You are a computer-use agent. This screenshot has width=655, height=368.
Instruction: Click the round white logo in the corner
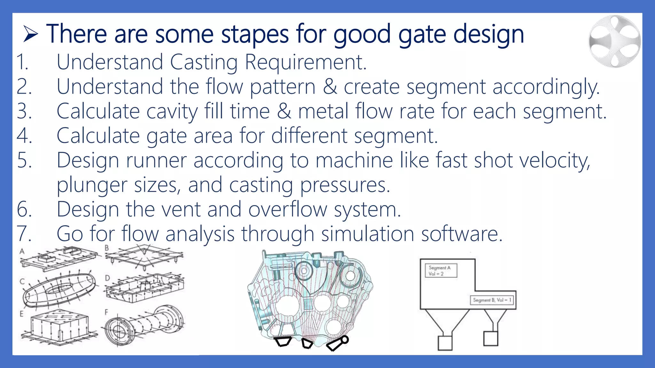[x=615, y=41]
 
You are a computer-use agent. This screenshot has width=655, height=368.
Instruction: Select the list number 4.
[x=24, y=136]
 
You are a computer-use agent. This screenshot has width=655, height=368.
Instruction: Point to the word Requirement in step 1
[x=305, y=62]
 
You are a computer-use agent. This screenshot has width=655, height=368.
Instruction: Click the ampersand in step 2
[x=330, y=87]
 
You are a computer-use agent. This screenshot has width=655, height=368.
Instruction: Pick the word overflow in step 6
[x=288, y=210]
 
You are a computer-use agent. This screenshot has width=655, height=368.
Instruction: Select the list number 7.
[x=24, y=234]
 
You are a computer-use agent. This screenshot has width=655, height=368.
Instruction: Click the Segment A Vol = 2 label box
[x=441, y=271]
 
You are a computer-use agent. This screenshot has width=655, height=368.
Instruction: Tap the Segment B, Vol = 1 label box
[x=492, y=300]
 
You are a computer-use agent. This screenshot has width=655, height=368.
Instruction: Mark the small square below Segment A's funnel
[x=445, y=342]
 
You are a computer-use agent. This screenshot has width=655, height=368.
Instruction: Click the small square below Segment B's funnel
[x=491, y=339]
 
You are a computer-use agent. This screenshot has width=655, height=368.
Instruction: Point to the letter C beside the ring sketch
[x=22, y=281]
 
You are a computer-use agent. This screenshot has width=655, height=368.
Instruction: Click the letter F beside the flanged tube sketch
[x=107, y=312]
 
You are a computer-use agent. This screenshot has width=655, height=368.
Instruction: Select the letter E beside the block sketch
[x=22, y=314]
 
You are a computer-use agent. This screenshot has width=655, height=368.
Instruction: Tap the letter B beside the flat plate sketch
[x=107, y=248]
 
